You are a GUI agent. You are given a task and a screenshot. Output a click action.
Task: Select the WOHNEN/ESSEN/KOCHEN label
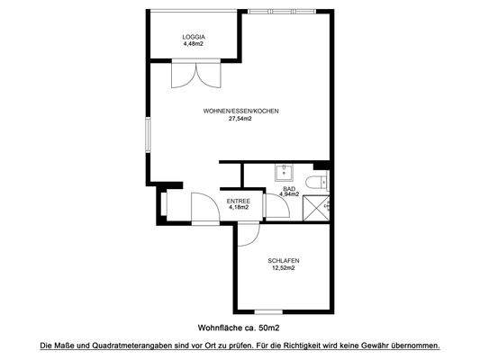[x=240, y=111]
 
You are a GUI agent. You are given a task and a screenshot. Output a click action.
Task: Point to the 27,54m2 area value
[x=240, y=118]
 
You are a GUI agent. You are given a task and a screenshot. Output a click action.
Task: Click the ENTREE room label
[x=238, y=201]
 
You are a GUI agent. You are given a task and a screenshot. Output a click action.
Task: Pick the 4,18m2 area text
[x=238, y=208]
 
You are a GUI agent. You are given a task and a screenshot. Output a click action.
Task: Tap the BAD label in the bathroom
[x=288, y=189]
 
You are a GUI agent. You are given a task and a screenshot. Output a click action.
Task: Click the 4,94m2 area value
[x=288, y=195]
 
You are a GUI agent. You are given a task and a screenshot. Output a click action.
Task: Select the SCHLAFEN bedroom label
[x=283, y=261]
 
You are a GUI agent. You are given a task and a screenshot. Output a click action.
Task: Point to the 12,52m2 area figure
[x=283, y=268]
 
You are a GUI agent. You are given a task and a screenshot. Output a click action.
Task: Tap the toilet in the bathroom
[x=314, y=184]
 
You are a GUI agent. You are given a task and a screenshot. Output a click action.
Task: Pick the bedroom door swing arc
[x=248, y=232]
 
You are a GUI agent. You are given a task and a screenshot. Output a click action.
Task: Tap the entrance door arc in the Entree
[x=203, y=209]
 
